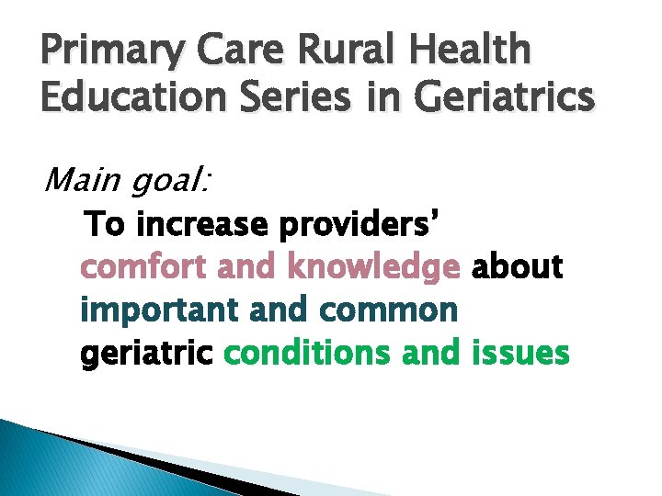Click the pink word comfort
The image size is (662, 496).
[144, 267]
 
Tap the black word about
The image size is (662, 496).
[517, 267]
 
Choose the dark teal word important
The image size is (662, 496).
[161, 310]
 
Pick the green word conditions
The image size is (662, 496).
[309, 353]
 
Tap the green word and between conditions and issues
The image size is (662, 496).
[436, 353]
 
